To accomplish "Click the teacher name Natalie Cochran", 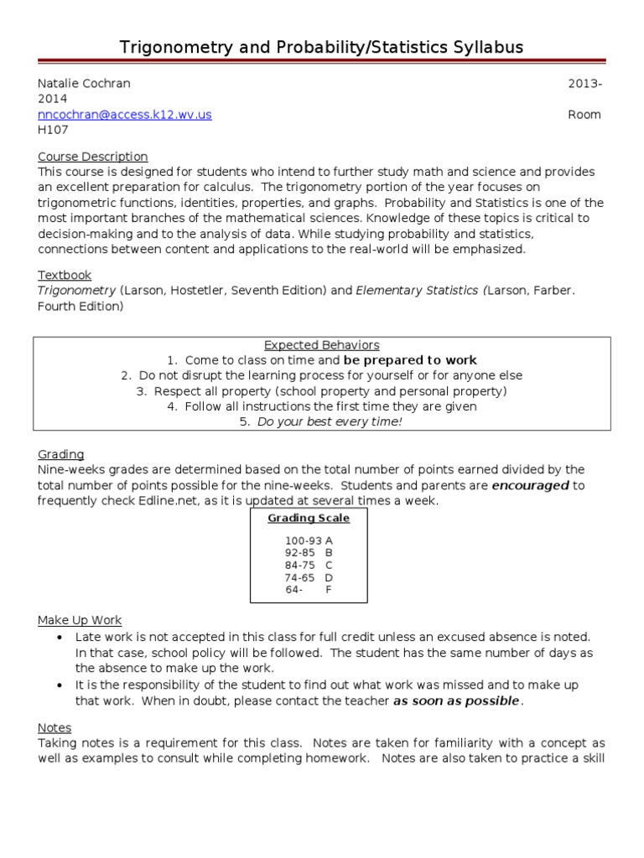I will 84,84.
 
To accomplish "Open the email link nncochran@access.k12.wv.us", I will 124,115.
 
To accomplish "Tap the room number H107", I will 53,130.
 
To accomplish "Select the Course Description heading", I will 92,157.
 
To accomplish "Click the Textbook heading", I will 65,275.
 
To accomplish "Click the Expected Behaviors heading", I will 322,345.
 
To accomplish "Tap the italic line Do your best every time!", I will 330,421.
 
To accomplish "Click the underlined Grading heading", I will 60,454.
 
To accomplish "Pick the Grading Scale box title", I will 309,518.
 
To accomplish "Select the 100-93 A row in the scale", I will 309,540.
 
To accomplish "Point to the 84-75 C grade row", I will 309,565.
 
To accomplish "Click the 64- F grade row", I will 309,589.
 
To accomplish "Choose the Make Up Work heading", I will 80,621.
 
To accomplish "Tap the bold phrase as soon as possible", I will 457,700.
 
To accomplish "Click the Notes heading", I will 55,728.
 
